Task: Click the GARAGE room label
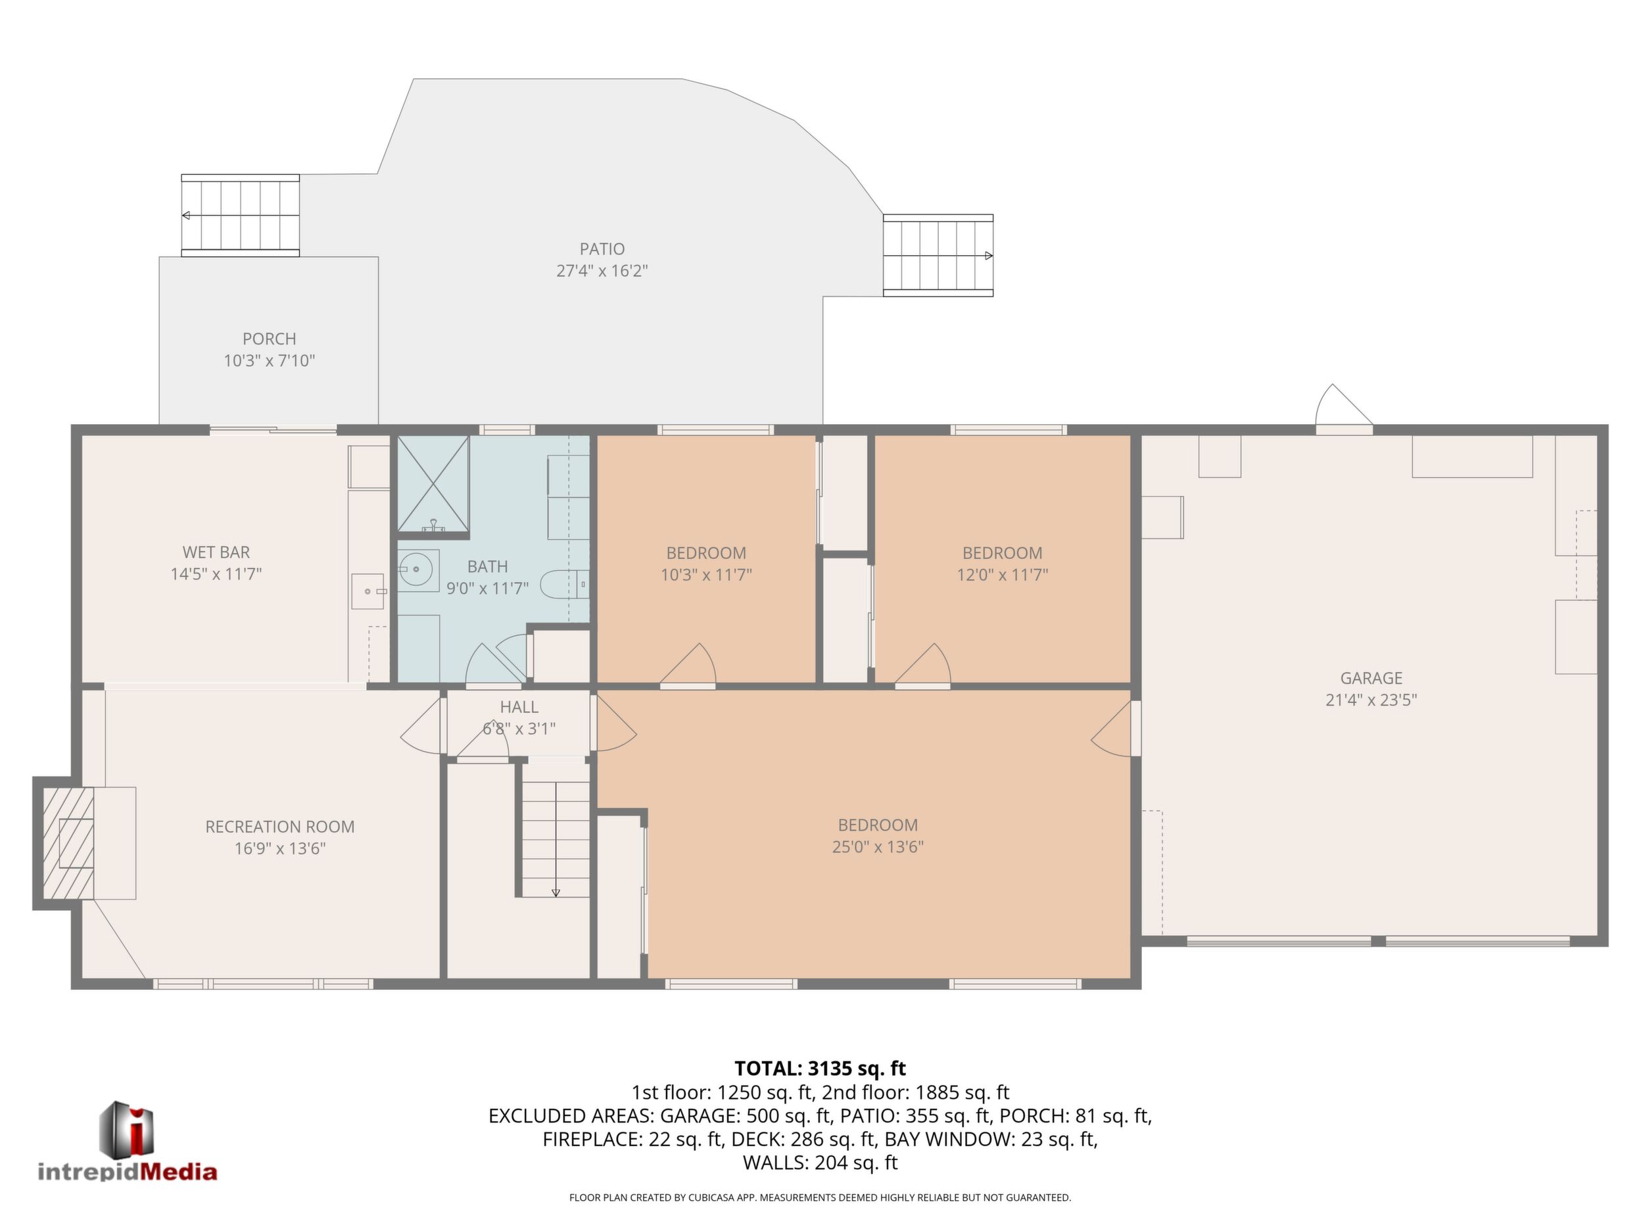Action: [1371, 678]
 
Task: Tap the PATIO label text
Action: [602, 249]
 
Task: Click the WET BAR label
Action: [216, 552]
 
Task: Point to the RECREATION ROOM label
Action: [279, 827]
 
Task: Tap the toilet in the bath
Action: [565, 585]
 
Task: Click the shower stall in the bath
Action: [433, 484]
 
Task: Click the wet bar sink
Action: [368, 591]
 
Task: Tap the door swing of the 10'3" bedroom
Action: [688, 664]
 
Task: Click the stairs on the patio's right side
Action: [938, 256]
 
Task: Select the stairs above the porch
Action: [241, 216]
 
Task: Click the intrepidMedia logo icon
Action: [127, 1129]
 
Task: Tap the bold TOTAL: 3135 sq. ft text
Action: [820, 1069]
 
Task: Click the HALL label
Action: [519, 707]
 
